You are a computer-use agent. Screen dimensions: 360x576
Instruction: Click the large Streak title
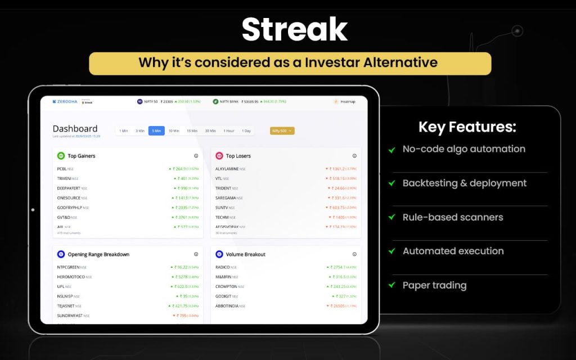[x=294, y=30]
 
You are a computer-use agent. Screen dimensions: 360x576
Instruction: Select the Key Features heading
[x=467, y=127]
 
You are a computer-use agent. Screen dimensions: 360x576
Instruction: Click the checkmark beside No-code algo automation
[x=391, y=150]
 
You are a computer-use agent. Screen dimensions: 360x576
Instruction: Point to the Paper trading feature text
[x=434, y=285]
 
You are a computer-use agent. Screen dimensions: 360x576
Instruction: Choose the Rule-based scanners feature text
[x=453, y=217]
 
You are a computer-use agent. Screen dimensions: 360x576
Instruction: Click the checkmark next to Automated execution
[x=391, y=251]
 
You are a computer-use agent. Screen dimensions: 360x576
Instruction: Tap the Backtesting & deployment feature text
[x=465, y=183]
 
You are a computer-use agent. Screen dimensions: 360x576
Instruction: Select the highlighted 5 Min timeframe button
[x=156, y=131]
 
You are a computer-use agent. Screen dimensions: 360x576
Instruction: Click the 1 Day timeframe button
[x=246, y=131]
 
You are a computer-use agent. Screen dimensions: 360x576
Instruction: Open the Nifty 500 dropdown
[x=282, y=131]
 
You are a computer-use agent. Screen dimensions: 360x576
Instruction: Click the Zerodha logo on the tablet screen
[x=65, y=102]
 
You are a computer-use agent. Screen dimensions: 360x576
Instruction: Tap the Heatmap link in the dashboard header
[x=345, y=102]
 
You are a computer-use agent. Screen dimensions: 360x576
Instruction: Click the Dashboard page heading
[x=75, y=129]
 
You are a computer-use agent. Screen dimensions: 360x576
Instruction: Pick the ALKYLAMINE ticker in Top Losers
[x=227, y=169]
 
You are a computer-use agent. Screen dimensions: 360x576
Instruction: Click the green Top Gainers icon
[x=61, y=156]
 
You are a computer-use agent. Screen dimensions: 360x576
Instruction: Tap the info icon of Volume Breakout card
[x=354, y=254]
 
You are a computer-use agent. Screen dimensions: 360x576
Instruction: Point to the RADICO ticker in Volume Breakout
[x=223, y=267]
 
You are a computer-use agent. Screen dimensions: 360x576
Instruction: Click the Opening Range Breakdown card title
[x=98, y=254]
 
